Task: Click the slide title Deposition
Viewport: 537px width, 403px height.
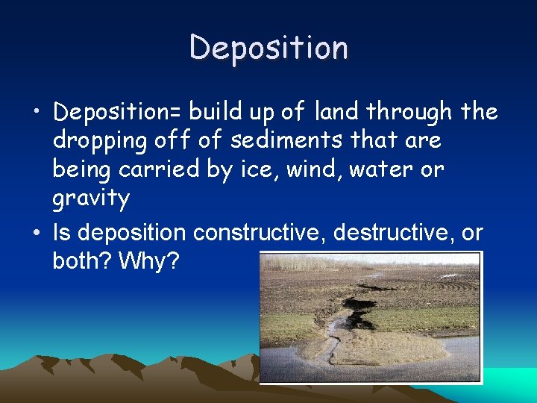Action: click(x=268, y=48)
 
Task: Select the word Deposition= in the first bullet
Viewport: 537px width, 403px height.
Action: click(x=117, y=113)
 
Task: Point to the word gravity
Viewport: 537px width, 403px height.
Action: click(x=91, y=199)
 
